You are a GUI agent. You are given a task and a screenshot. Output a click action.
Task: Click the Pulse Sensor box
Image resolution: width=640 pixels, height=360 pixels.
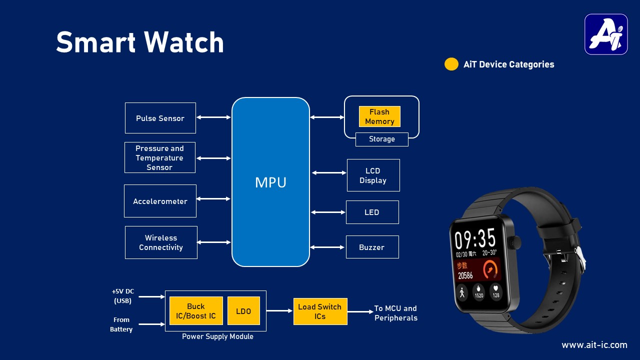(160, 118)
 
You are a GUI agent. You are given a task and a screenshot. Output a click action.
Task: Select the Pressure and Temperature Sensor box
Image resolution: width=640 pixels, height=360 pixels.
(159, 157)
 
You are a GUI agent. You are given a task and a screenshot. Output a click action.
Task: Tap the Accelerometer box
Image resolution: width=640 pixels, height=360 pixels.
(160, 201)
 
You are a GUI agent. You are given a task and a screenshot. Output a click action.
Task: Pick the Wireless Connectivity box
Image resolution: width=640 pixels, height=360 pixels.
(161, 242)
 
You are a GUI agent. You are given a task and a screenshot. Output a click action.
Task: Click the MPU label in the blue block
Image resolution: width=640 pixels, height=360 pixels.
(270, 182)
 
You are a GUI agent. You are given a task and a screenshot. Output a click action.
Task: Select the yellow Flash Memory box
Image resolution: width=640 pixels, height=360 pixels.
(379, 116)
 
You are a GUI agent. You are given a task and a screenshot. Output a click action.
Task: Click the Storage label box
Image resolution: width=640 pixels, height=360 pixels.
(381, 139)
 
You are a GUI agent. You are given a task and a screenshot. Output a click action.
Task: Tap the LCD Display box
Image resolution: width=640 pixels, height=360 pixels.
(373, 175)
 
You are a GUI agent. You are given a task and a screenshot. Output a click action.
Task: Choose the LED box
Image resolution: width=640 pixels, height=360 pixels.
(372, 212)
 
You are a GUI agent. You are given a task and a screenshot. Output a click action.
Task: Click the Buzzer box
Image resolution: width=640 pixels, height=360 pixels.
(372, 247)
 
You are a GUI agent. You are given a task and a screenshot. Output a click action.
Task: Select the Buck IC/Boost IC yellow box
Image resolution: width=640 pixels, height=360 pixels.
(196, 311)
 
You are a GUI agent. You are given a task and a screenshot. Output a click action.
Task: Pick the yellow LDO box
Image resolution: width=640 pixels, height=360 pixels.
(243, 311)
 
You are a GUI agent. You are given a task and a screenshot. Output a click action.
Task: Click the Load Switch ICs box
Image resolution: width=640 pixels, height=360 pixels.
(320, 311)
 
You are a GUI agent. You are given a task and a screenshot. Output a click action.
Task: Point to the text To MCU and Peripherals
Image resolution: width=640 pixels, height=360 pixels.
(395, 313)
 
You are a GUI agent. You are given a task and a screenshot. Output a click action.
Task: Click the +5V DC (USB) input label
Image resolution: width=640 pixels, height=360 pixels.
(122, 296)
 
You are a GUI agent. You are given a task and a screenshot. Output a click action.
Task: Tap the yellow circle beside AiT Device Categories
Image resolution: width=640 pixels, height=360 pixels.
(451, 64)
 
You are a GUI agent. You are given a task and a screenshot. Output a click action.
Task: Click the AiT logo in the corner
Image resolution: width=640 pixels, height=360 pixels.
(606, 34)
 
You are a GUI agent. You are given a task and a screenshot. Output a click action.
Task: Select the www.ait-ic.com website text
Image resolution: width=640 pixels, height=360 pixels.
(594, 345)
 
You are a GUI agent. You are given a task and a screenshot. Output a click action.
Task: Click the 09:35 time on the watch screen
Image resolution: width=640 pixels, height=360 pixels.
(474, 239)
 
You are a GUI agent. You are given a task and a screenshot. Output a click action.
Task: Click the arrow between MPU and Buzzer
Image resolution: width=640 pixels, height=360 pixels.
(327, 247)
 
